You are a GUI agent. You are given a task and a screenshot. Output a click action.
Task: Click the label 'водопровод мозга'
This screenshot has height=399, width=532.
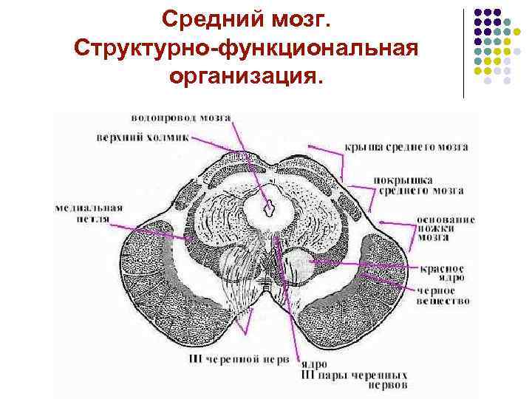tap(181, 117)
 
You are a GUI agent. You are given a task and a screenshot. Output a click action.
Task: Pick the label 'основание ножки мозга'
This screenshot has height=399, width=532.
tap(444, 229)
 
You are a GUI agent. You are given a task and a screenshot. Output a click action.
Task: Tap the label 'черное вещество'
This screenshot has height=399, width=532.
tap(442, 296)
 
